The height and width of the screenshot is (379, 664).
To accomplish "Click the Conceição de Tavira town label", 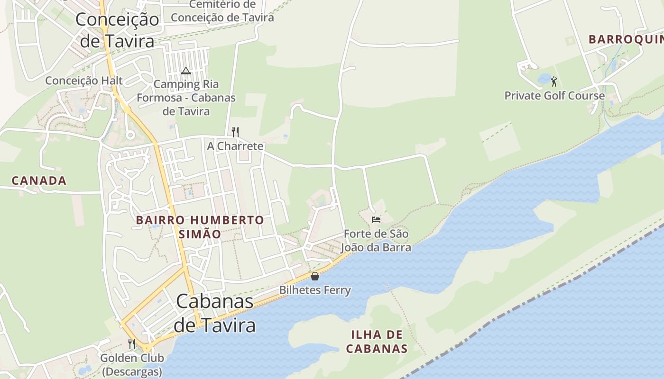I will coord(117,30).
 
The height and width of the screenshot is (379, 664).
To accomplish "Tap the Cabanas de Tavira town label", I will coord(215,313).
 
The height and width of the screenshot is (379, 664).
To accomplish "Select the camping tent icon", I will coord(185,71).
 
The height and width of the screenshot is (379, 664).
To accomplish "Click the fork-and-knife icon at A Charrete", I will coord(235,132).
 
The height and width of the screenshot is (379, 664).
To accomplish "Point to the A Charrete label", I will coord(235,146).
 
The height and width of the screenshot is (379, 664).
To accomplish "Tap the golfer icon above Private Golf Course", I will coord(554,81).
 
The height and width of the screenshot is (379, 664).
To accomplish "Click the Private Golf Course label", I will coord(554,96).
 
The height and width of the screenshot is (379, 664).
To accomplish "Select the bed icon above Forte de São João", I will coord(376,219).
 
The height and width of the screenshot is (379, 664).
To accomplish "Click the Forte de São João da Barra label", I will coord(376,241).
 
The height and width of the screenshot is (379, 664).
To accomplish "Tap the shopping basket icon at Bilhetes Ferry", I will coord(314,276).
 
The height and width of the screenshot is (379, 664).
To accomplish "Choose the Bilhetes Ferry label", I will coord(315,290).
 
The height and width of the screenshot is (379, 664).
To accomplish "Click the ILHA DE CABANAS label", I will coord(377,342).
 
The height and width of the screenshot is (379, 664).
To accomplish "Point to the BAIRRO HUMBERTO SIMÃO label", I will coord(200,227).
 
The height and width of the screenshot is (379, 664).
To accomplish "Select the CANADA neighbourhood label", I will coord(39,180).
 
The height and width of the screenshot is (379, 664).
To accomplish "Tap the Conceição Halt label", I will coord(84,81).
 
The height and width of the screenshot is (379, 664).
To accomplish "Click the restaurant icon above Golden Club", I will coord(132,344).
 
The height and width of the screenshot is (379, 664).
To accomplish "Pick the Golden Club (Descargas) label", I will coord(132,365).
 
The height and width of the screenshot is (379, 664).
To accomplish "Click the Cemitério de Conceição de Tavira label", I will coord(222,11).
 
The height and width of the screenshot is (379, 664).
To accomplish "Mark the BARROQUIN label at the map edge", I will coord(626,39).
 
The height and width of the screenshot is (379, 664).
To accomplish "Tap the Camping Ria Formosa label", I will coord(186,98).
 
